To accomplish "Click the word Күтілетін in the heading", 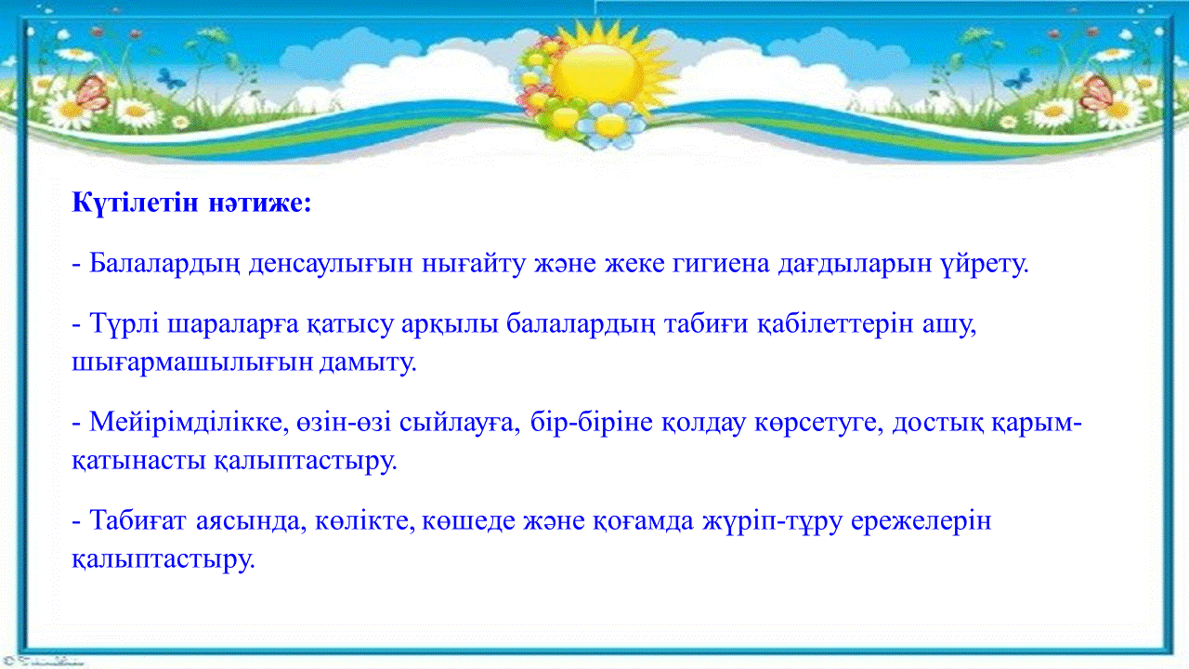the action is pos(135,203).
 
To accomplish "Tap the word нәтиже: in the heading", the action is pos(260,203).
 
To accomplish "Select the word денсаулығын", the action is pos(331,264).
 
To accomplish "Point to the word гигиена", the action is pos(721,264).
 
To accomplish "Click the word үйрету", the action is pos(984,264).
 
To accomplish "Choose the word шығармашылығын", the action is pos(192,363).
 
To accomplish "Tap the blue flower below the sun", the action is pos(610,125).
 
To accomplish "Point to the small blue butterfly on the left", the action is pos(171,79).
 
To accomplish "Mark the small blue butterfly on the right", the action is pos(1018,79).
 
